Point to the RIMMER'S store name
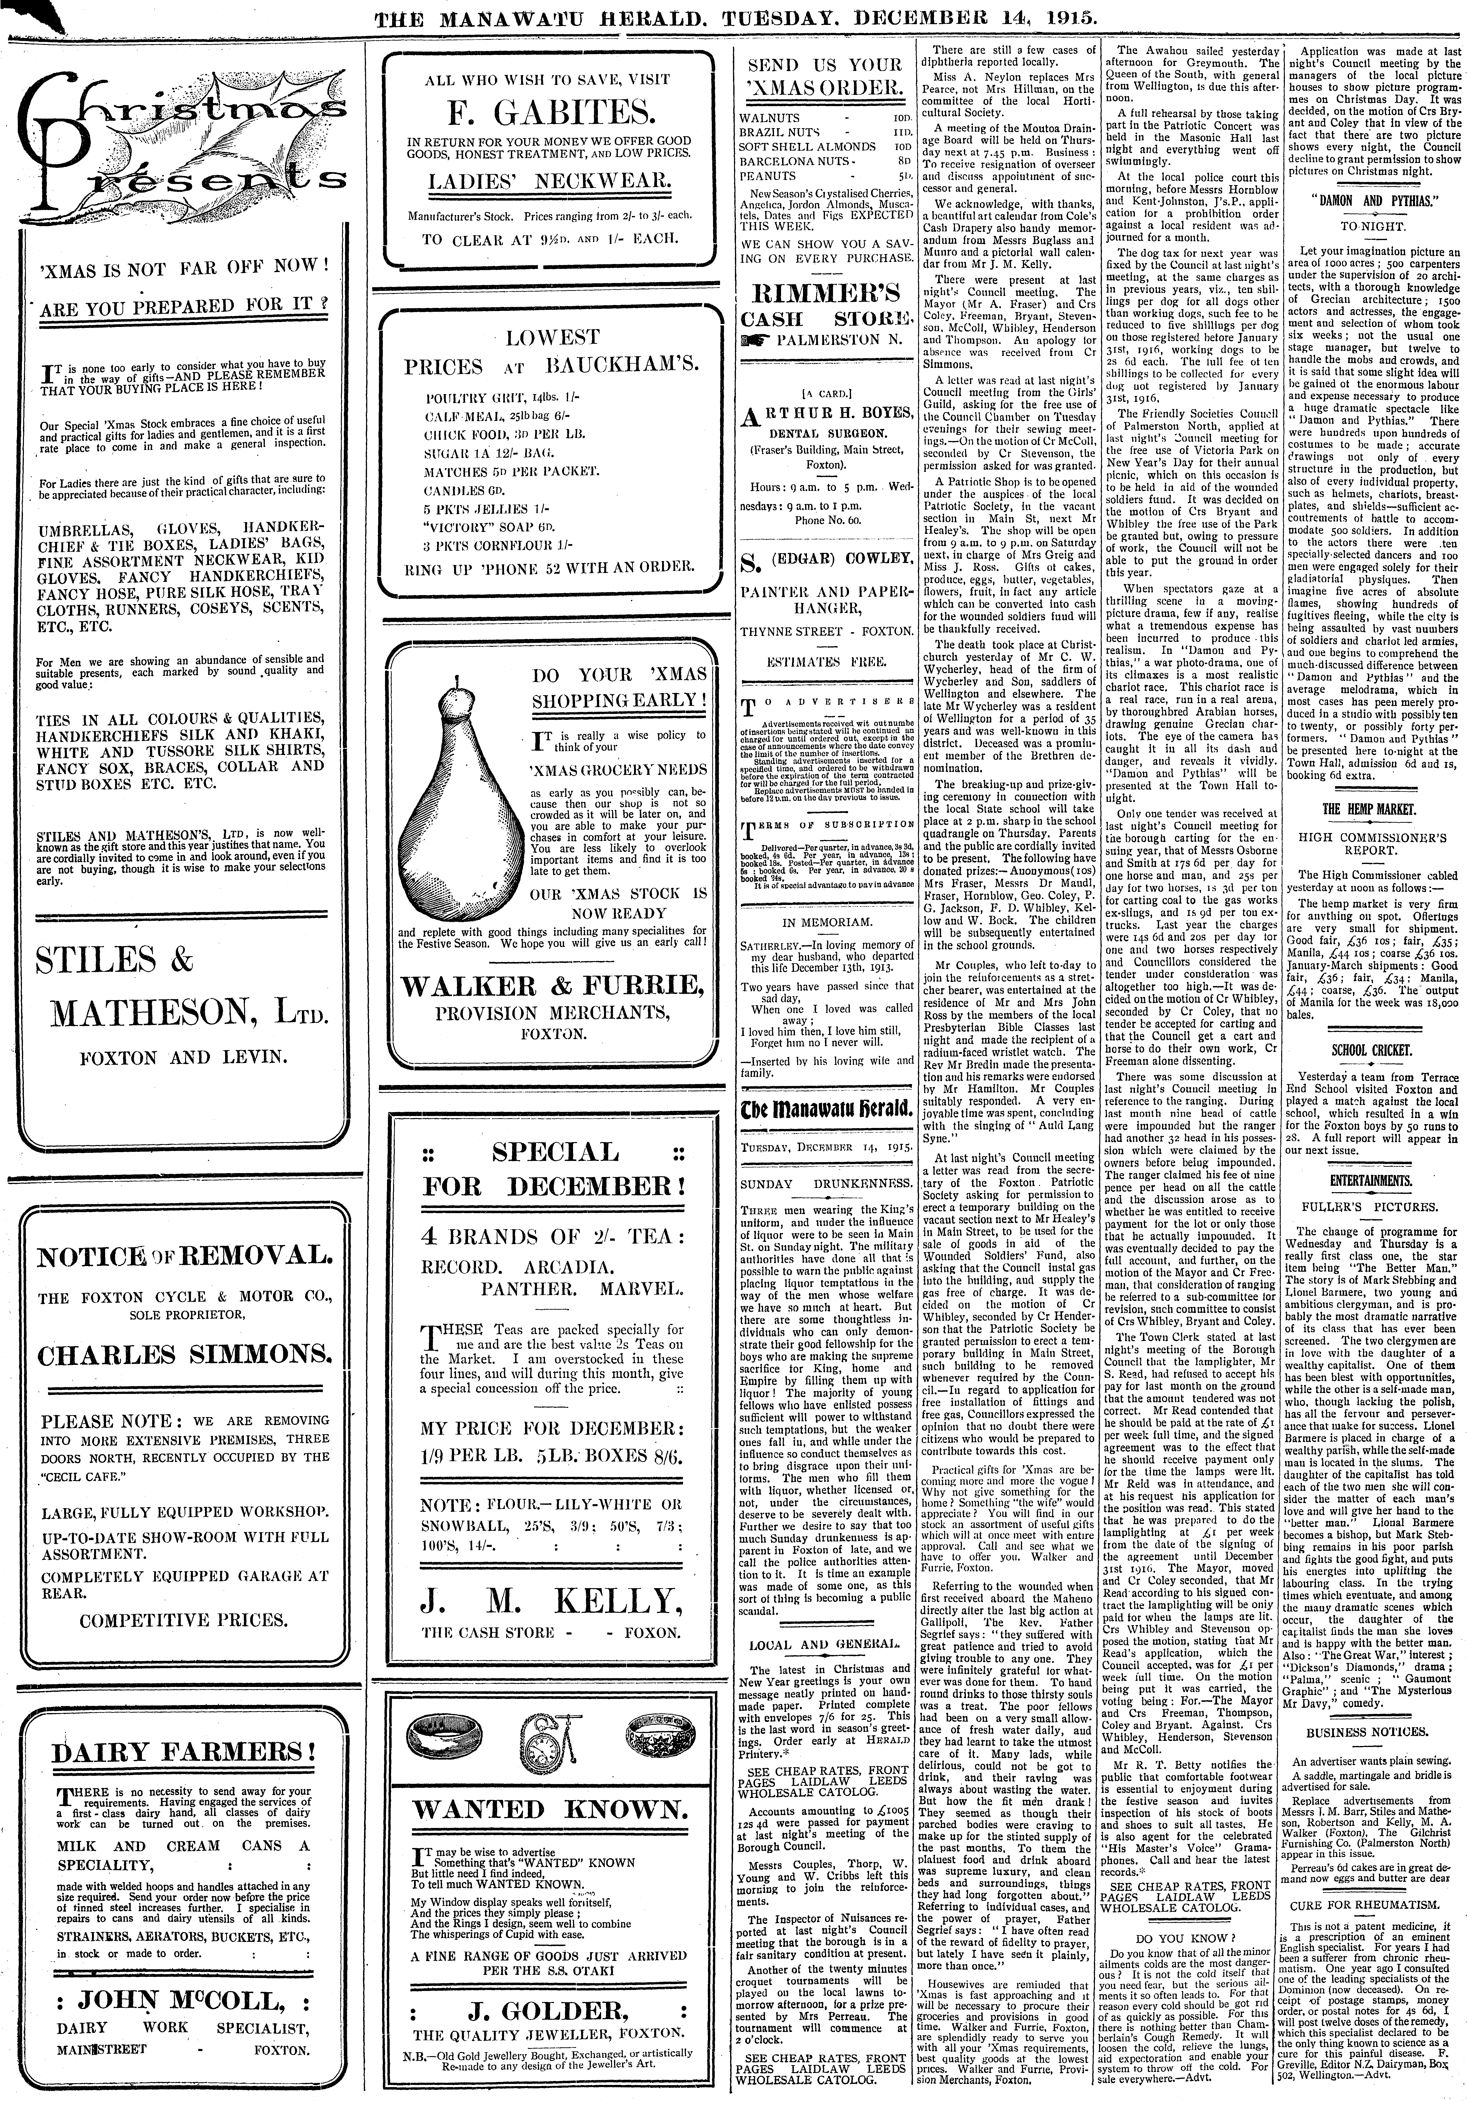(x=826, y=295)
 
